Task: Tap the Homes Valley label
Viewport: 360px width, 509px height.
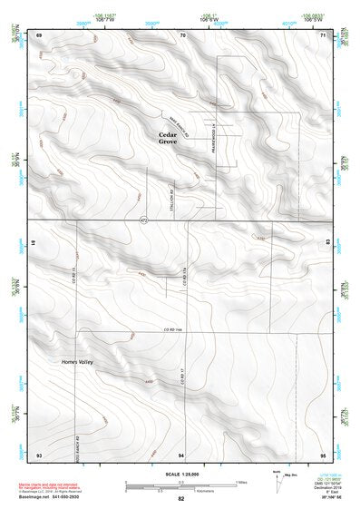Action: click(77, 362)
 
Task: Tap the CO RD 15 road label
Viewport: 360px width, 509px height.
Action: click(73, 271)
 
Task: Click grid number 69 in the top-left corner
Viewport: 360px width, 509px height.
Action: click(39, 34)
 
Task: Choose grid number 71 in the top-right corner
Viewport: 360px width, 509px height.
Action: click(324, 34)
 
